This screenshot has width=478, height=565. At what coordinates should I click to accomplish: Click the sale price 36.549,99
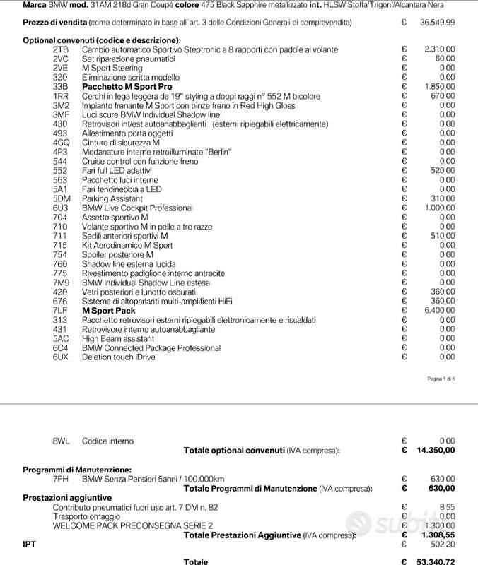pos(437,23)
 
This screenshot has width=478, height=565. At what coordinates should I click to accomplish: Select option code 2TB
pos(60,49)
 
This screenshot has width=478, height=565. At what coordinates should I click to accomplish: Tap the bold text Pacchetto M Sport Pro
pos(127,86)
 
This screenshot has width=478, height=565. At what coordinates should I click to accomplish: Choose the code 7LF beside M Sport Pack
pos(60,311)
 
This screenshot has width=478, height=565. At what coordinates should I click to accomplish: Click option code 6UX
pos(61,357)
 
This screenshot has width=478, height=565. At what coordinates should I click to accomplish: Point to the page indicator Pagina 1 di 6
pos(441,379)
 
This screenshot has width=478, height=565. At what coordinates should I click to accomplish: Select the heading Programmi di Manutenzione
pos(76,470)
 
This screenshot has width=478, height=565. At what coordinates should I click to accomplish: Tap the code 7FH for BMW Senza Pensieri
pos(61,479)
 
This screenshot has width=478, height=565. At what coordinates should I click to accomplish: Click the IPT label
pos(30,545)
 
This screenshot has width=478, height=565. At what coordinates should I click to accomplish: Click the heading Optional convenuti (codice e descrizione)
pos(101,40)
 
